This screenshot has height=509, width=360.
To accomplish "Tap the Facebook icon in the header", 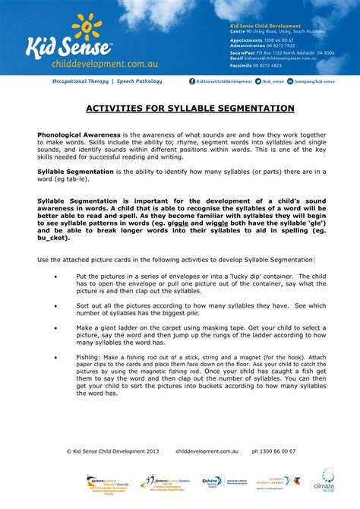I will (x=192, y=81).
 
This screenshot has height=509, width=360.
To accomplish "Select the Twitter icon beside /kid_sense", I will (x=258, y=81).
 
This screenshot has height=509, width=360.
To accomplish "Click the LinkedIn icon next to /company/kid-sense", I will (x=290, y=81).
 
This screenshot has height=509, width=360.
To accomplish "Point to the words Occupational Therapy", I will (x=80, y=81).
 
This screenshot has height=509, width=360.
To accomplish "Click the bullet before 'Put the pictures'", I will (x=55, y=277).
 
